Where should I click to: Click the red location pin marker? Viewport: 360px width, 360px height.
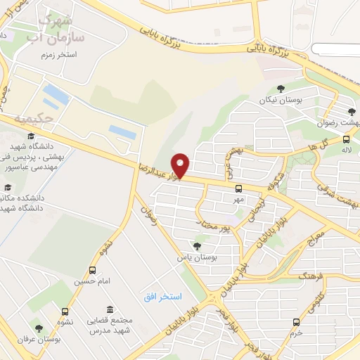[x=181, y=165]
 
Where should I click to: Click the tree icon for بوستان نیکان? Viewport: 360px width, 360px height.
[x=281, y=89]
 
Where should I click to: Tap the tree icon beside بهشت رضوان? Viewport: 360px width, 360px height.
[x=352, y=111]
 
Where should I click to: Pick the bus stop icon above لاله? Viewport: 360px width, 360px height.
[x=345, y=139]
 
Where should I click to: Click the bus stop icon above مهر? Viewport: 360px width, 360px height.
[x=238, y=188]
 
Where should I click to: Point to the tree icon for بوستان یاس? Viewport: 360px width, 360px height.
[x=196, y=245]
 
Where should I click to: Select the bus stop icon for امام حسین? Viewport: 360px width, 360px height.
[x=92, y=270]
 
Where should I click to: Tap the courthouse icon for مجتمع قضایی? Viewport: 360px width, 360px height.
[x=110, y=309]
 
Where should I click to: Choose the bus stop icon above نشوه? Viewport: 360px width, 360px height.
[x=65, y=312]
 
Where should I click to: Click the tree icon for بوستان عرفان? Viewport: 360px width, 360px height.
[x=39, y=328]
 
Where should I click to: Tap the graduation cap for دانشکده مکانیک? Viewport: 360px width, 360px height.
[x=8, y=188]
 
